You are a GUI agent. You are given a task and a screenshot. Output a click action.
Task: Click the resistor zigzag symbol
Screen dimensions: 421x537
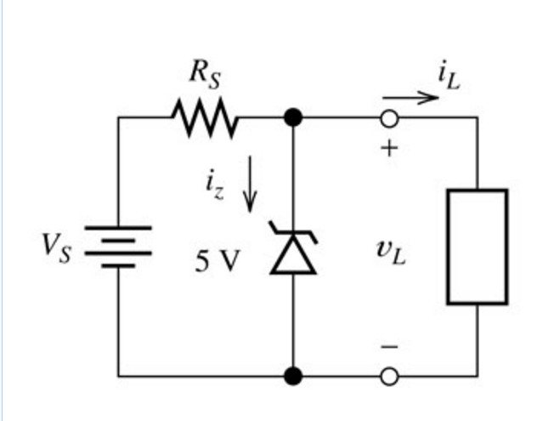(x=206, y=117)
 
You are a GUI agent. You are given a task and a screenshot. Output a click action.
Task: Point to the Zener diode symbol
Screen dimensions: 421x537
(x=293, y=249)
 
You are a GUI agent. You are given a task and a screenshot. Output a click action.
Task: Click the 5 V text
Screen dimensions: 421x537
(x=218, y=261)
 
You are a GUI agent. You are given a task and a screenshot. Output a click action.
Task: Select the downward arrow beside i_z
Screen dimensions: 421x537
(x=249, y=184)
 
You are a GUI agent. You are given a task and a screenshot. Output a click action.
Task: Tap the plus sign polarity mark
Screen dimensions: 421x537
(x=389, y=148)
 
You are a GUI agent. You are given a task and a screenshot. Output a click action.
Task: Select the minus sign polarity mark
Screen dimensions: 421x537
(x=389, y=347)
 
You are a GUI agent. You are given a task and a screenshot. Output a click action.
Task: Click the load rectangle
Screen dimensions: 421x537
(x=478, y=247)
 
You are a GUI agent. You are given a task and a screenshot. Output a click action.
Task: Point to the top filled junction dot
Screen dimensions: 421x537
(x=293, y=117)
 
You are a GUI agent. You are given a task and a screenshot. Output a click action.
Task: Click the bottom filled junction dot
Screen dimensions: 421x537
(x=293, y=374)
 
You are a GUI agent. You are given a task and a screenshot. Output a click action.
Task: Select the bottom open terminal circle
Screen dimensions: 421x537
(x=389, y=374)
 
